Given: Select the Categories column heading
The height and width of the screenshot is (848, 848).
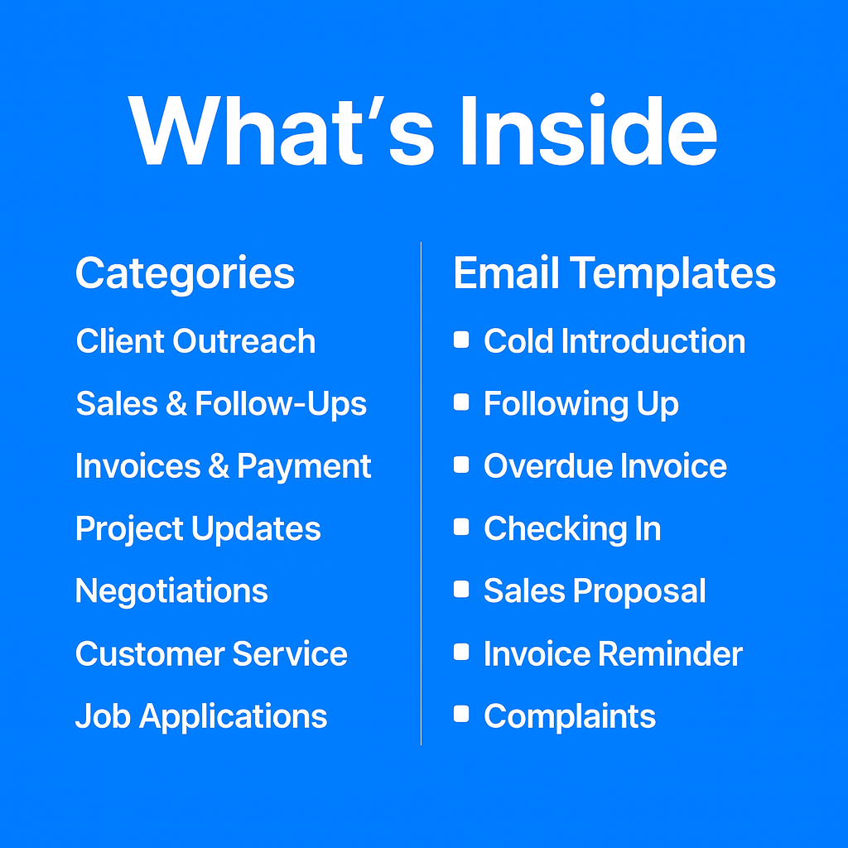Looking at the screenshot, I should (x=185, y=273).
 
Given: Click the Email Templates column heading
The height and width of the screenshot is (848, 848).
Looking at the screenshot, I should (x=614, y=273).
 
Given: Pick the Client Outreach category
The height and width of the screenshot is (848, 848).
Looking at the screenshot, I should (x=195, y=341).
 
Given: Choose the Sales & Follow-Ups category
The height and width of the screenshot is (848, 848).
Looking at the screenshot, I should (x=221, y=404).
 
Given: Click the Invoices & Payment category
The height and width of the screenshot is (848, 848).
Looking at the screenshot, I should (x=223, y=466).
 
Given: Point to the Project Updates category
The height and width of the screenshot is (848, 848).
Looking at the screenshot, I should (x=198, y=529).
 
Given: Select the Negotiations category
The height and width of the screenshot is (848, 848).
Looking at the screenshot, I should (x=171, y=591).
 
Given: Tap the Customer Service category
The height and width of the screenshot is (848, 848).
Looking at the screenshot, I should (x=211, y=654).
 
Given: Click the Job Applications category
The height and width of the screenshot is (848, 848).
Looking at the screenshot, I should (x=201, y=716).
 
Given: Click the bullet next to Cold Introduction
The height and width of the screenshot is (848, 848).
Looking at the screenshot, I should (x=461, y=340).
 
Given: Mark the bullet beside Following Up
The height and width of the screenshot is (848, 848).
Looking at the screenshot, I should (x=461, y=403).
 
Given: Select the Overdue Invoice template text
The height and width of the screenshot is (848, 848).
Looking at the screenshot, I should (x=605, y=466).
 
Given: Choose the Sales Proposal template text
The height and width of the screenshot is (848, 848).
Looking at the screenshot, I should (x=595, y=591).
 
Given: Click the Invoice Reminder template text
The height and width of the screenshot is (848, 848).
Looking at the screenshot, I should (x=613, y=654).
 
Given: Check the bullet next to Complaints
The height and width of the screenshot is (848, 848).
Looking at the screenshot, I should (x=461, y=715).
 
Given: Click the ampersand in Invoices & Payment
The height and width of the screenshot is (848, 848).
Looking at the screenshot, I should (x=219, y=467).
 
